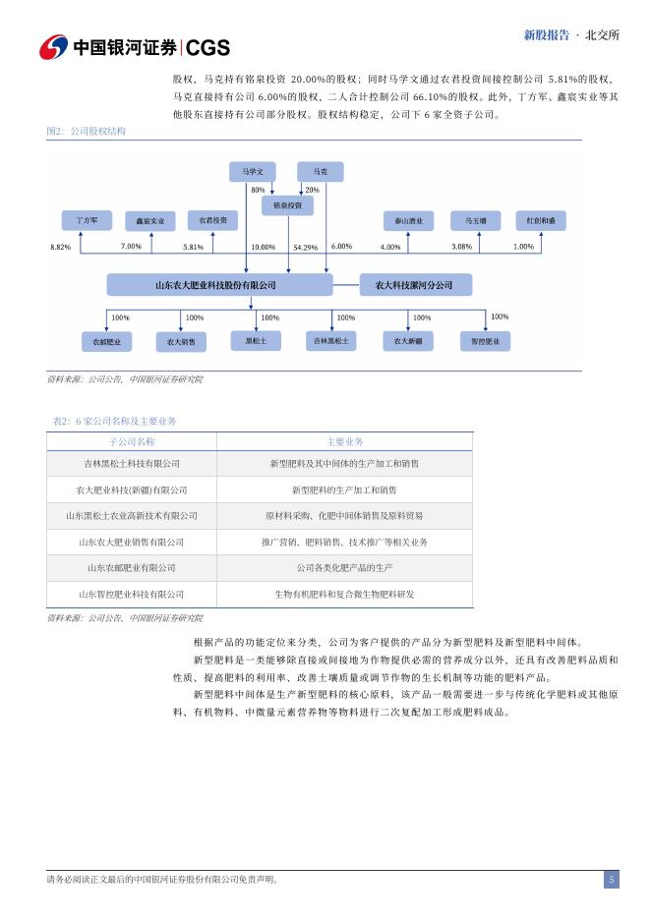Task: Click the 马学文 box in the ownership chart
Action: click(253, 172)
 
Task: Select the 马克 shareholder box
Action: click(321, 172)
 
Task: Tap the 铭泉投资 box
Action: click(287, 206)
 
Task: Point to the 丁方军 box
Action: click(87, 220)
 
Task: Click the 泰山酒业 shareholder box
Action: click(408, 221)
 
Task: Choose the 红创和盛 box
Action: click(541, 220)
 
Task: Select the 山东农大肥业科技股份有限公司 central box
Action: click(219, 285)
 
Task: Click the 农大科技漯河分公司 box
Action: click(416, 285)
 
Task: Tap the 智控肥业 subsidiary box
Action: click(486, 341)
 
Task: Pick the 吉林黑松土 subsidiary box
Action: click(331, 341)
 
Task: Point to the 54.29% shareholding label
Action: click(305, 248)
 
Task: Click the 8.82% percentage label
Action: click(60, 247)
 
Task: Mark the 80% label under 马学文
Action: click(259, 190)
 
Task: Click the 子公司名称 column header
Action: click(132, 441)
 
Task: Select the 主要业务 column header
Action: click(344, 441)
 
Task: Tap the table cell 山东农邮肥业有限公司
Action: click(132, 568)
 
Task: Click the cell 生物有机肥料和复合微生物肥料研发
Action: click(344, 595)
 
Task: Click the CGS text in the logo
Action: click(207, 48)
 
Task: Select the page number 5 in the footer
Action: click(611, 880)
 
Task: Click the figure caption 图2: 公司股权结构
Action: click(87, 131)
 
